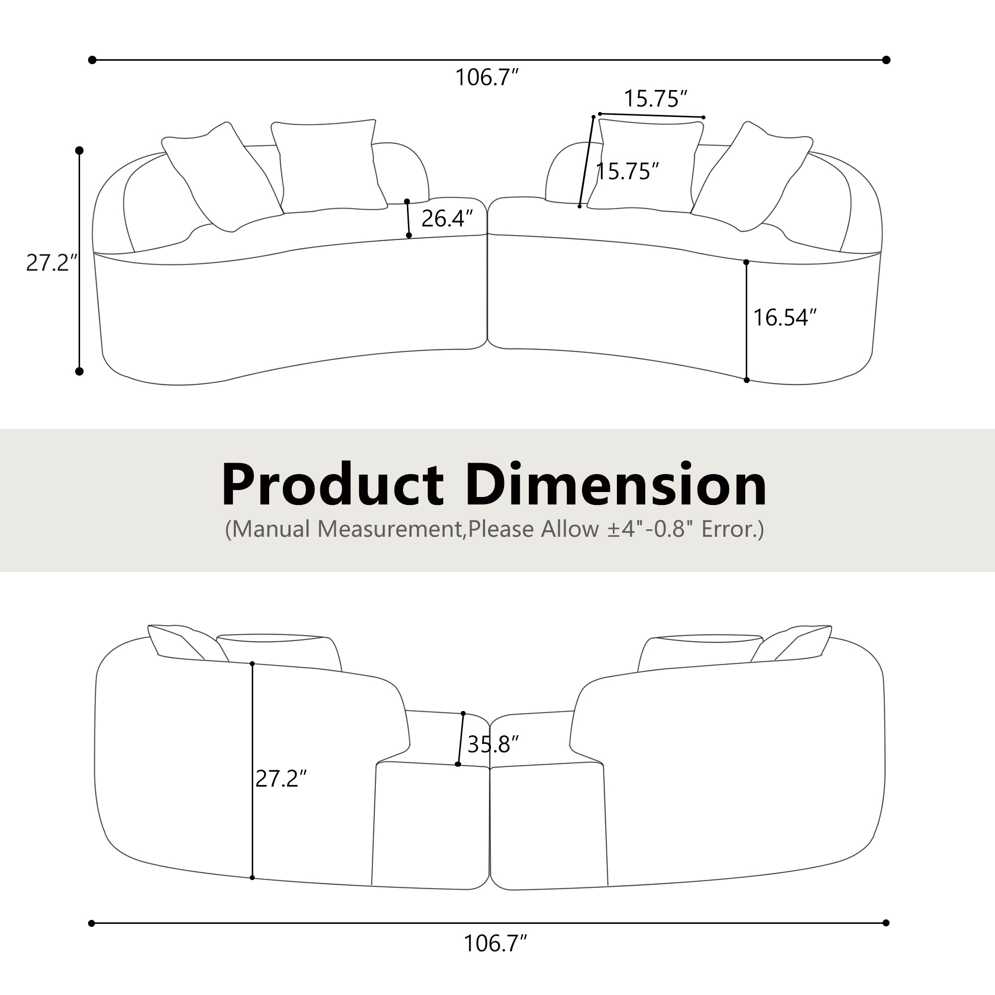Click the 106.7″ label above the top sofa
tap(486, 78)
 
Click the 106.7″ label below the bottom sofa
tap(495, 943)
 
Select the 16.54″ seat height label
tap(785, 317)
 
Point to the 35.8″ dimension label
tap(493, 744)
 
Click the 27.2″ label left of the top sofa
tap(51, 263)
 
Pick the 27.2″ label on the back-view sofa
tap(281, 778)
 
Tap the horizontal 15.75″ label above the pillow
tap(655, 99)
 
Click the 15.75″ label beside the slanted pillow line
tap(627, 171)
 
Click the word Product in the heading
tap(332, 486)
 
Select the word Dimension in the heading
tap(616, 486)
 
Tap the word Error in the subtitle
tap(726, 529)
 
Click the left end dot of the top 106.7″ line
tap(92, 60)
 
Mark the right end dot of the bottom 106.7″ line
tap(886, 923)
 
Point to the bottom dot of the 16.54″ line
tap(746, 380)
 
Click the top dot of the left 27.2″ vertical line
tap(79, 150)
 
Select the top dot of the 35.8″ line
tap(463, 713)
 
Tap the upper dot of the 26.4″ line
tap(407, 201)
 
